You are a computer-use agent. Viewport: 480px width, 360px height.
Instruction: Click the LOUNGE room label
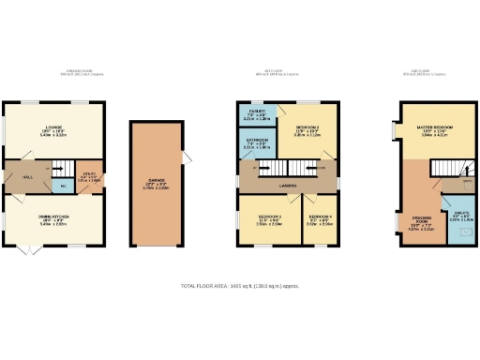click(52, 130)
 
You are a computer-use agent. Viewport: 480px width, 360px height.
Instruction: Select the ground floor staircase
click(57, 167)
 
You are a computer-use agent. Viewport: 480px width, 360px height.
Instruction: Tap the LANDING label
click(288, 186)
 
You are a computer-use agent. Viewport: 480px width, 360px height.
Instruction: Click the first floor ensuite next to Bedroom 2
click(257, 115)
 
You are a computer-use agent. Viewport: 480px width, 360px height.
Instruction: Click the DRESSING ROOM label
click(419, 223)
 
